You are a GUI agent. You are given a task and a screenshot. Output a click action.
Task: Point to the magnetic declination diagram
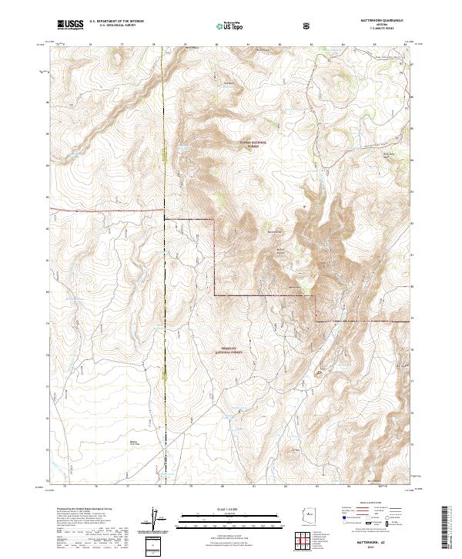(155, 517)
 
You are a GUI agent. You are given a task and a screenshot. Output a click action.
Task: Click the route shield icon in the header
(309, 25)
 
